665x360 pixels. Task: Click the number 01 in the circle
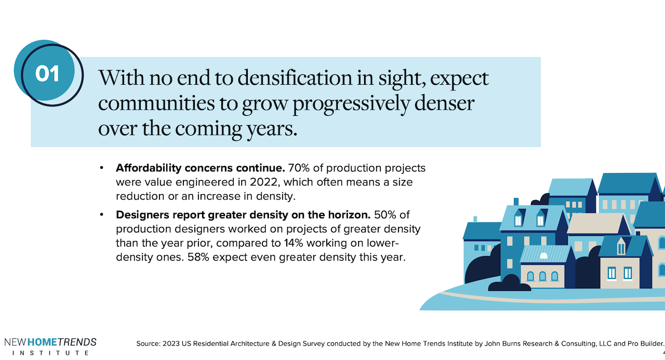[47, 74]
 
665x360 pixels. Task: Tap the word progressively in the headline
[352, 103]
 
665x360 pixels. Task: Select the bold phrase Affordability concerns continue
[201, 168]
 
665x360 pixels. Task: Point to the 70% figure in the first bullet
[298, 168]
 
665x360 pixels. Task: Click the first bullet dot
[102, 168]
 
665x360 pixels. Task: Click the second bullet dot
[102, 215]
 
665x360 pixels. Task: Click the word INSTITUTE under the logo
[50, 353]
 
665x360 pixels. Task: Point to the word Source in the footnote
[148, 343]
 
